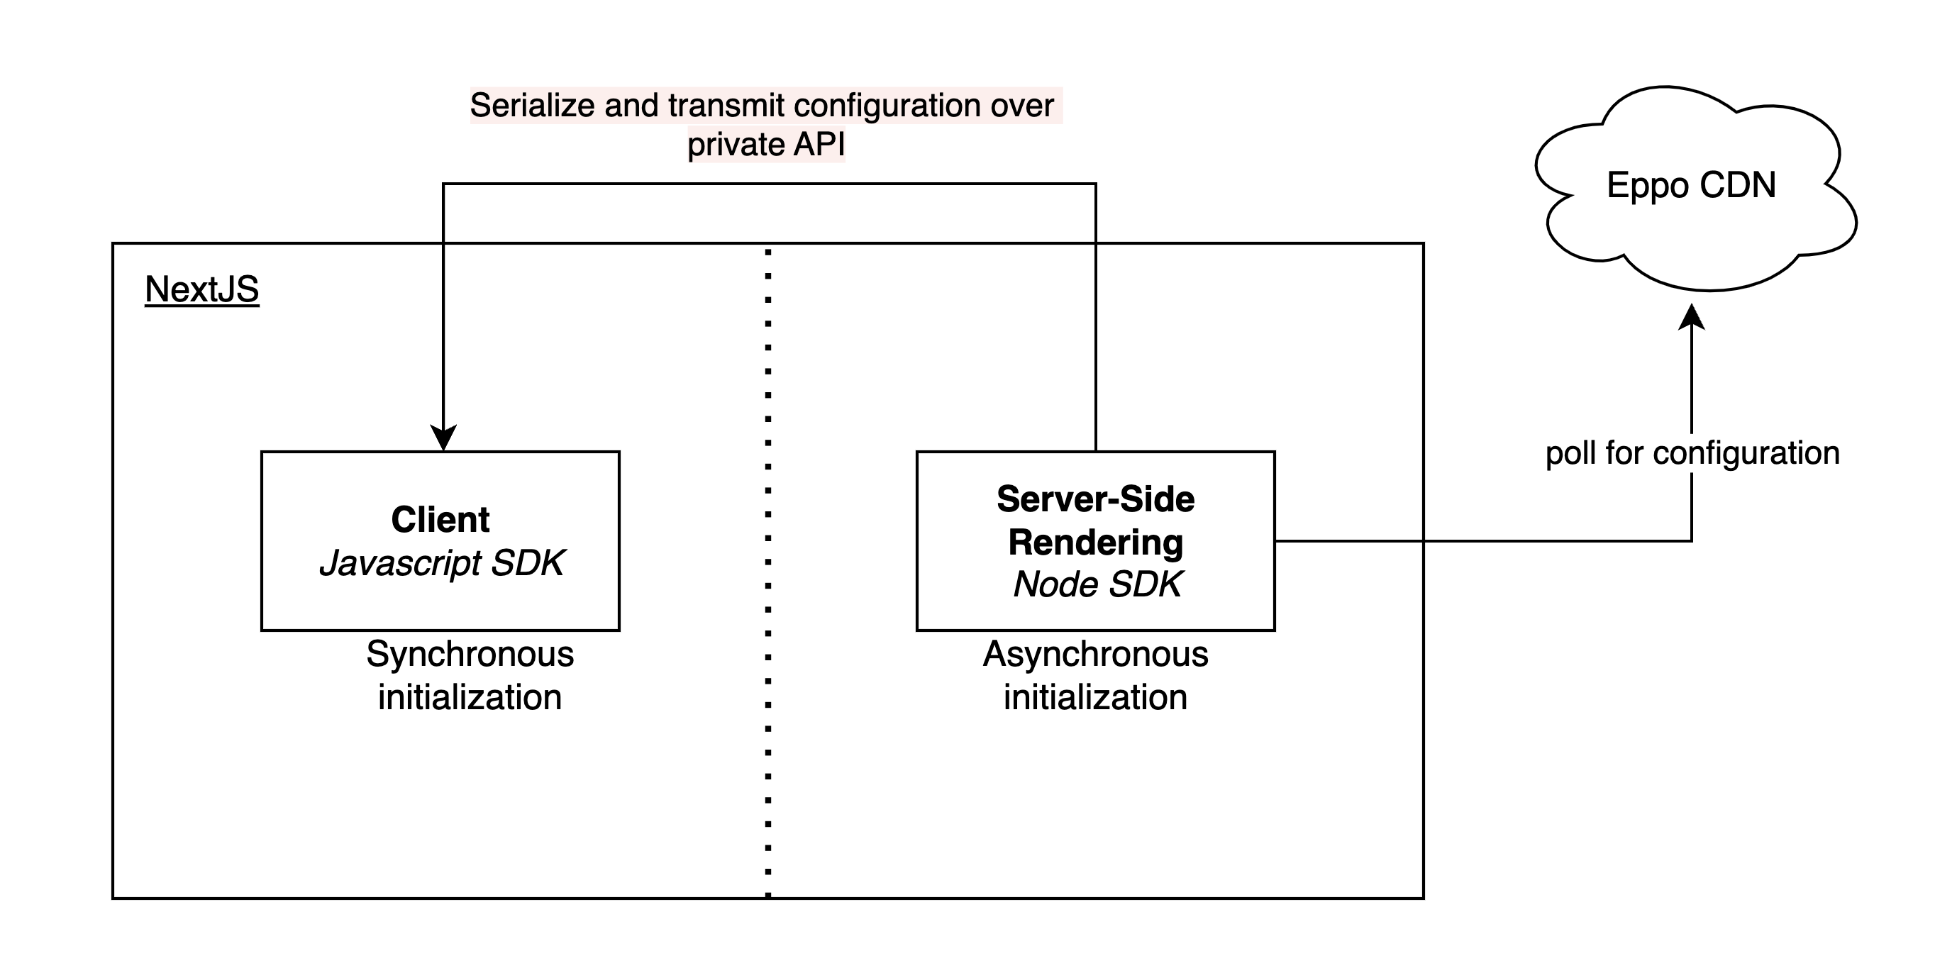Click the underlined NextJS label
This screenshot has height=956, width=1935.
(201, 289)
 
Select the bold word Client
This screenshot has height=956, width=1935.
(440, 520)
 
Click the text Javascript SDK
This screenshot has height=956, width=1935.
(442, 563)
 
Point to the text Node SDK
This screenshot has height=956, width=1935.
(1097, 584)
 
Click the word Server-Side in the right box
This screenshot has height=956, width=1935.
(1095, 499)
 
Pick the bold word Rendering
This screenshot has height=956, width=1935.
(1095, 543)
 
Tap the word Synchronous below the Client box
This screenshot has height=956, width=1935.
(470, 654)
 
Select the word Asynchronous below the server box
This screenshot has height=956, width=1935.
(1095, 654)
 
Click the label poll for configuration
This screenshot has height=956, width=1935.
(1692, 454)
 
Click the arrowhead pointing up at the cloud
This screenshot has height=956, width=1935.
(1692, 317)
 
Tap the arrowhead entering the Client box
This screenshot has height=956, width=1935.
(443, 437)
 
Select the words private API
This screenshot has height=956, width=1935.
(766, 144)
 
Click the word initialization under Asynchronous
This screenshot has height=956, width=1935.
(1095, 697)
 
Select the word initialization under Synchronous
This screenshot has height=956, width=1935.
(470, 697)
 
